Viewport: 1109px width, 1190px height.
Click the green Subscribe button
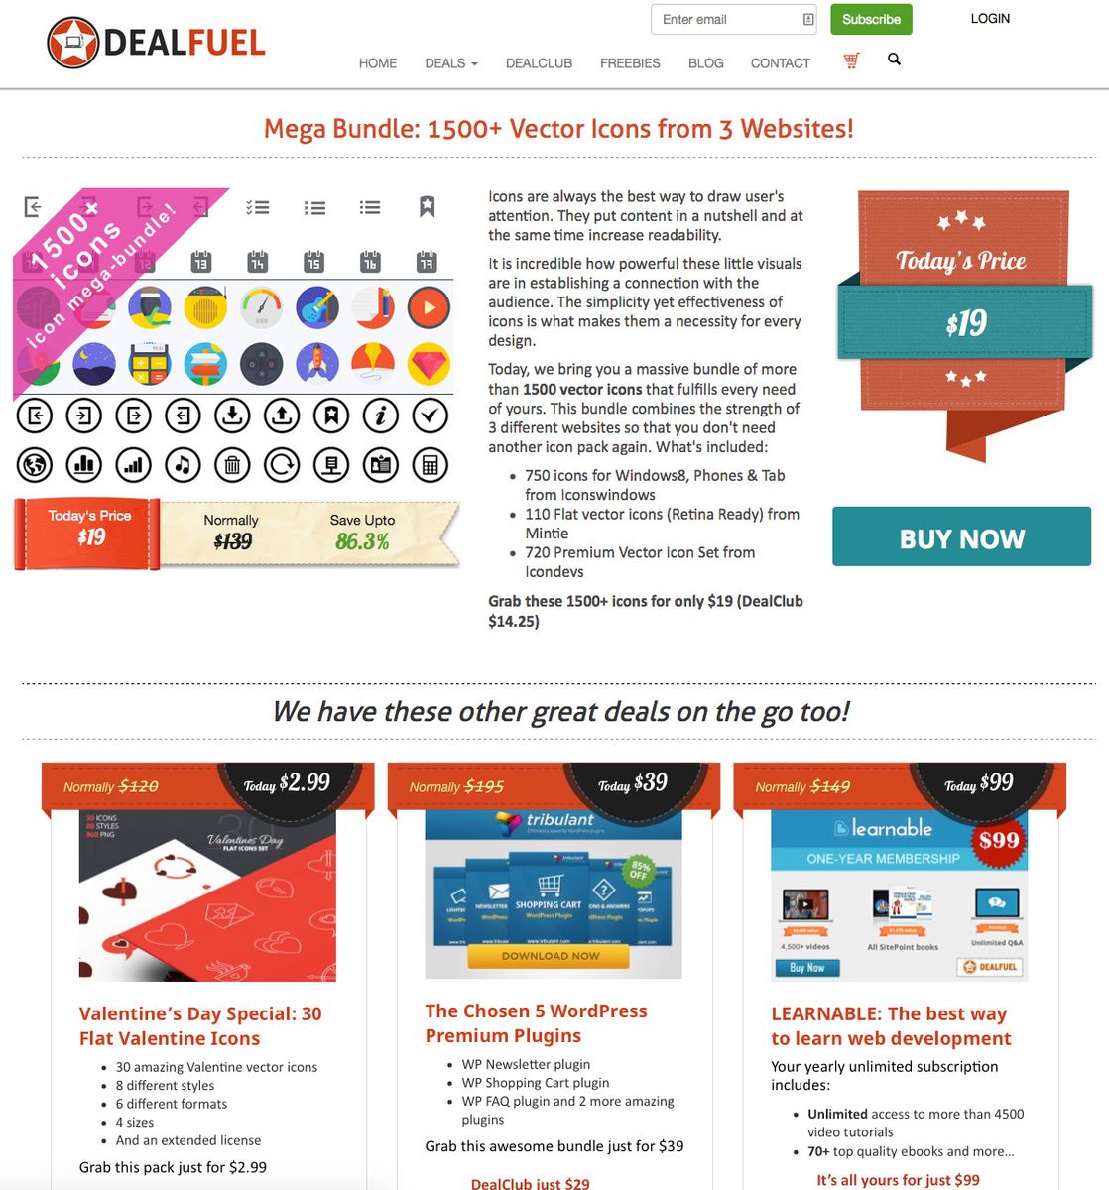click(x=870, y=19)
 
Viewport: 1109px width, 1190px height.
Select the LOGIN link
click(x=990, y=18)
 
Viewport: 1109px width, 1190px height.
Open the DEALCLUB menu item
click(x=539, y=63)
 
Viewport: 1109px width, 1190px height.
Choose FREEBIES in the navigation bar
click(x=630, y=63)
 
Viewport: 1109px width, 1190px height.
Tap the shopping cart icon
click(x=851, y=60)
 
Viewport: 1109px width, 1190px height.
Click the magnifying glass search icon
click(x=894, y=59)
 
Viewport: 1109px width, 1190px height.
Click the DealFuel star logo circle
click(x=72, y=43)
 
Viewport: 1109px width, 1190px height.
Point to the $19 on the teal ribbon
click(x=965, y=323)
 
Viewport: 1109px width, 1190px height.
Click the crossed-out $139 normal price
click(x=232, y=541)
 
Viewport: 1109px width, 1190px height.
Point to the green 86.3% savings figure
click(x=362, y=541)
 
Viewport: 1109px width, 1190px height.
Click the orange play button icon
click(x=430, y=308)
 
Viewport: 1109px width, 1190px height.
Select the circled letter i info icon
click(x=380, y=416)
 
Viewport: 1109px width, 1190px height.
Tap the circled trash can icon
click(x=232, y=464)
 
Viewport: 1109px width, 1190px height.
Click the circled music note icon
click(x=183, y=464)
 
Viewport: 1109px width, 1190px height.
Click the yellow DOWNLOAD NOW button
click(x=550, y=956)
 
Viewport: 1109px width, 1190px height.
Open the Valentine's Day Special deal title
click(x=199, y=1025)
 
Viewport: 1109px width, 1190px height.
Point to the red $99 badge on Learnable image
click(x=998, y=841)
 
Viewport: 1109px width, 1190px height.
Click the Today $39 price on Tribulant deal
click(x=633, y=783)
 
